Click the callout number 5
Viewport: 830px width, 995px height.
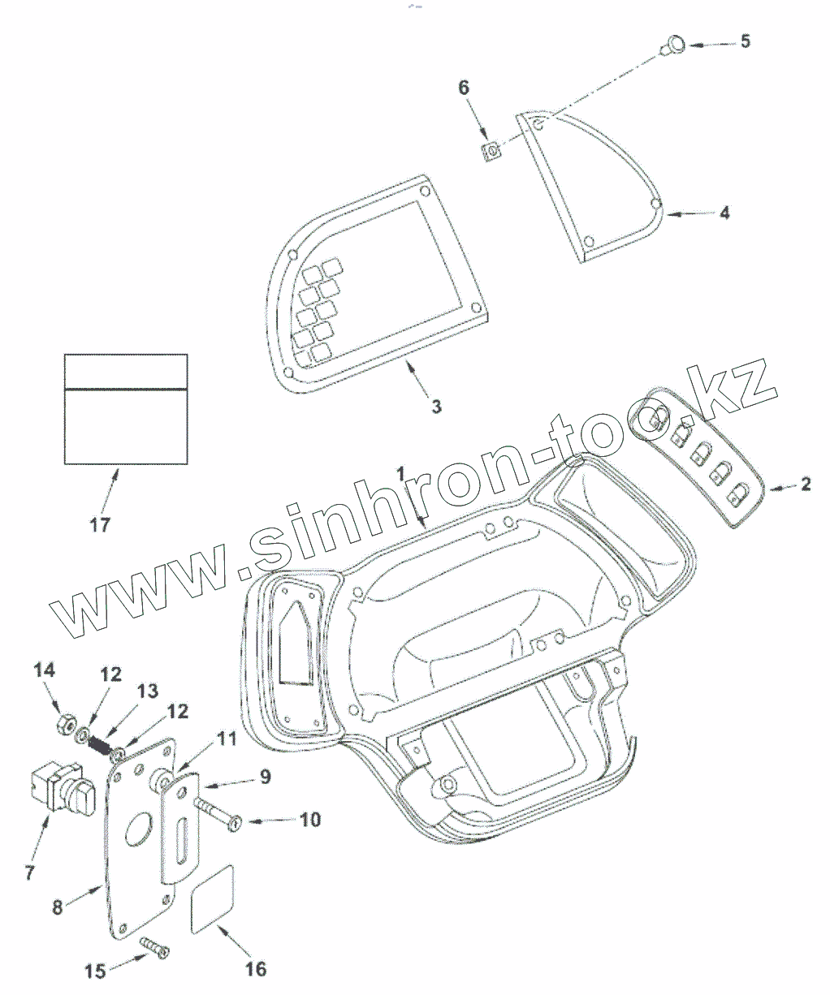(745, 41)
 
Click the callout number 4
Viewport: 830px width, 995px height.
(724, 213)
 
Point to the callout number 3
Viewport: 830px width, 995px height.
(436, 406)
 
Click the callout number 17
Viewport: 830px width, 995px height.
(99, 524)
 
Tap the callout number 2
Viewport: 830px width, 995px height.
(805, 485)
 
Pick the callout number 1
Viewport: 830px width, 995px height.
(400, 472)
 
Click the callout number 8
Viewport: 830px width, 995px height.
(57, 907)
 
